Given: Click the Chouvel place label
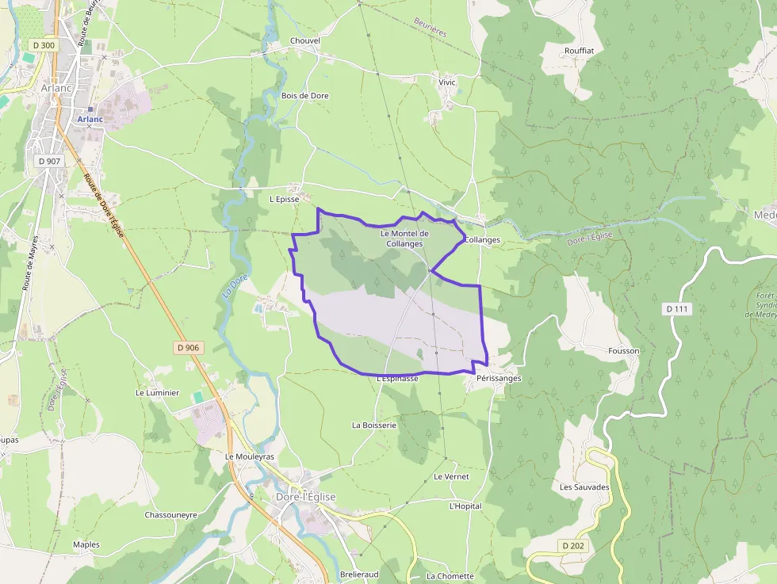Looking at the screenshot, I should [305, 40].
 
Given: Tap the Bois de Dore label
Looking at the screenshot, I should [304, 96].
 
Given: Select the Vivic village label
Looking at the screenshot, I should [447, 82].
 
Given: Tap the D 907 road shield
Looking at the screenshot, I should [48, 161].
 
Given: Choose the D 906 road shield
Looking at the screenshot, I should [188, 347].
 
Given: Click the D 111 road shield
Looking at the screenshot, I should [677, 308].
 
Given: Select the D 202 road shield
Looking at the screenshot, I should [574, 546].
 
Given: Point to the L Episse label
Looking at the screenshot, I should [284, 200].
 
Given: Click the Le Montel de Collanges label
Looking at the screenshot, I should [404, 239].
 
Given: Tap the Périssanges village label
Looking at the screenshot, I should [499, 379].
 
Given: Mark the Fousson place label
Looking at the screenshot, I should [623, 350].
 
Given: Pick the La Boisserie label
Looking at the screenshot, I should [373, 426].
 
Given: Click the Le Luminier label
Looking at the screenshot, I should [158, 392].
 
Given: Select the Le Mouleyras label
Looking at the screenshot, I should [250, 457].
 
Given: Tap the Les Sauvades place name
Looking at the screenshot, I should [585, 487].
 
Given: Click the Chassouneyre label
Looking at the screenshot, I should [170, 514].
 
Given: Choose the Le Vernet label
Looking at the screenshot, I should [451, 477].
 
